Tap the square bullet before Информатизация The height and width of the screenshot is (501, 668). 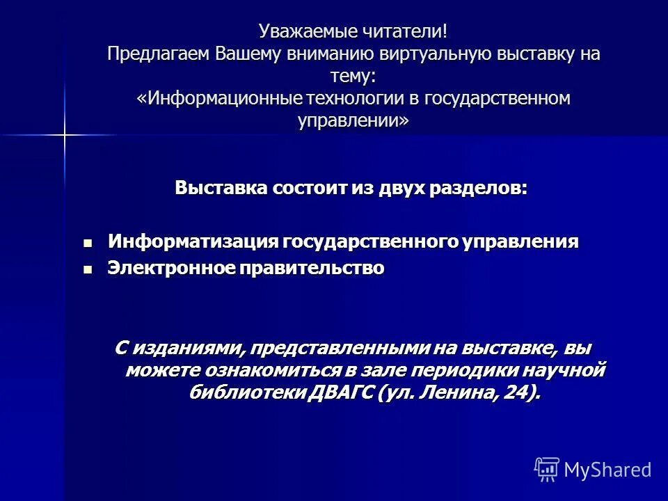(87, 243)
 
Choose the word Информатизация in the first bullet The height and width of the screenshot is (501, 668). (193, 241)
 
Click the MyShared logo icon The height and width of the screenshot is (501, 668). (547, 470)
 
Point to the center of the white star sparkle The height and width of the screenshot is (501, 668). (64, 134)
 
